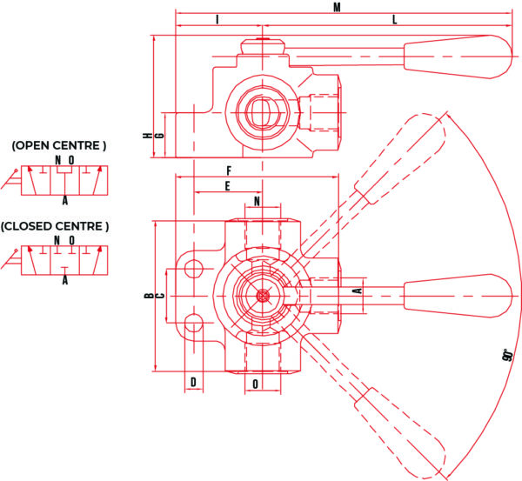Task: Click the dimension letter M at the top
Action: pyautogui.click(x=337, y=8)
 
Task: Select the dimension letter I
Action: pyautogui.click(x=217, y=20)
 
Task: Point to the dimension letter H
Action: pyautogui.click(x=147, y=135)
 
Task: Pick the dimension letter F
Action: pyautogui.click(x=227, y=170)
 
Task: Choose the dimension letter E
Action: pyautogui.click(x=227, y=185)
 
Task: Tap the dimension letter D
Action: pyautogui.click(x=194, y=383)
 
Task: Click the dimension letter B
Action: pyautogui.click(x=147, y=296)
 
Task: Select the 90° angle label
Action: pyautogui.click(x=505, y=356)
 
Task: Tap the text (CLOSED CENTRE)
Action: pyautogui.click(x=55, y=226)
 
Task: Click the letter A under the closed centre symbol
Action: pyautogui.click(x=65, y=280)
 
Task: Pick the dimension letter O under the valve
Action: pyautogui.click(x=256, y=384)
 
